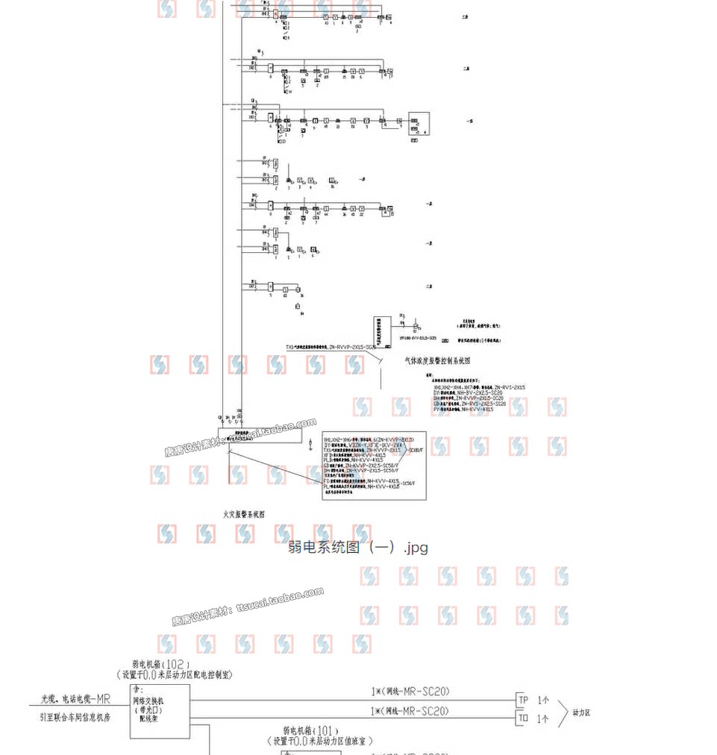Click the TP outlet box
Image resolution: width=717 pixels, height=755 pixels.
click(524, 700)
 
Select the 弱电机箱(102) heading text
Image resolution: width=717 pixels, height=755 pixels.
click(161, 663)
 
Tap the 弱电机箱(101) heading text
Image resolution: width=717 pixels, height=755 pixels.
click(311, 731)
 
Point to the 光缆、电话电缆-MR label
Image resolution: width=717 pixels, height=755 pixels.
click(75, 700)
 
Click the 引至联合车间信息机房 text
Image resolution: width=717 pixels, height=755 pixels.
click(75, 717)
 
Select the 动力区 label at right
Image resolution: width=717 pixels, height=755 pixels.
click(582, 712)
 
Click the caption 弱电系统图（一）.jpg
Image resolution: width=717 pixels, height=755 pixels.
click(358, 548)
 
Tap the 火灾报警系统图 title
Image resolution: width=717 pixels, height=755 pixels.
click(244, 513)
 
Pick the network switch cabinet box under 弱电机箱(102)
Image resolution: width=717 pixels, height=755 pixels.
click(159, 707)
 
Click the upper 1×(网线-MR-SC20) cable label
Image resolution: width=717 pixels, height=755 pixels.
click(410, 692)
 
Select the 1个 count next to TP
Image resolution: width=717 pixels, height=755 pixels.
click(543, 701)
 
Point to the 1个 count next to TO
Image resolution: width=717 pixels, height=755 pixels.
click(543, 719)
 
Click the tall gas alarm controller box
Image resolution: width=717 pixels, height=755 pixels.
click(383, 331)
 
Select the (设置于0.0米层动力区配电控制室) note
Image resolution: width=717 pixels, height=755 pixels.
click(175, 674)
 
